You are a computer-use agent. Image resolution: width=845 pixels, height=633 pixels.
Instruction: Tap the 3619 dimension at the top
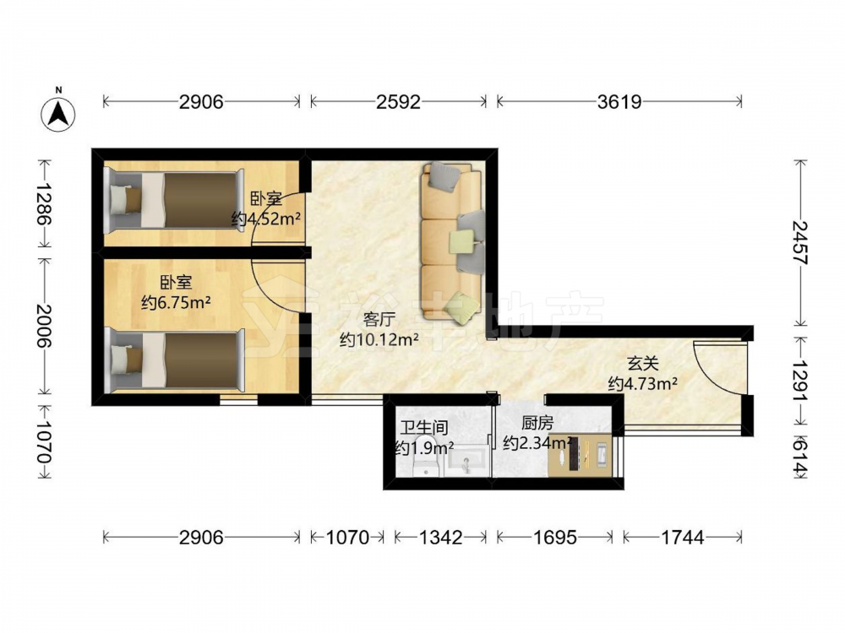coord(619,102)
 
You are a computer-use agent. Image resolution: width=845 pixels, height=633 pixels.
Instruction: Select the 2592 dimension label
coord(398,102)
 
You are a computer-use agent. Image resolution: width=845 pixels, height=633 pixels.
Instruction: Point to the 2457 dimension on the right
coord(801,242)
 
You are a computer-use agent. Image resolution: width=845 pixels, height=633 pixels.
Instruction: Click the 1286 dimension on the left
coord(45,204)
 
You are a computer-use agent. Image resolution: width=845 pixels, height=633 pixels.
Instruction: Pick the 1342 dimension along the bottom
coord(440,537)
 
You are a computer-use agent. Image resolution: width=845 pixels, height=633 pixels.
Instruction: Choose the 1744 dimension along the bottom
coord(682,537)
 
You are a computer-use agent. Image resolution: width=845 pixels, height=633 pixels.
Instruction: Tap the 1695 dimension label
coord(554,537)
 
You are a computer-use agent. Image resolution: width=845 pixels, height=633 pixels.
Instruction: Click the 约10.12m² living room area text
coord(379,340)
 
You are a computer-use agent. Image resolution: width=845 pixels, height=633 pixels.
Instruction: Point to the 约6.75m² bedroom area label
coord(176,302)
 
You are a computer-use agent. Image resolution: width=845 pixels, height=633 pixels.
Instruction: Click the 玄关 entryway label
coord(643,364)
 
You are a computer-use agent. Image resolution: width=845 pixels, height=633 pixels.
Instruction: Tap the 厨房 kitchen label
coord(537,424)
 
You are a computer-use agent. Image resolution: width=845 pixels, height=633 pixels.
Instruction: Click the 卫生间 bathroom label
coord(424,428)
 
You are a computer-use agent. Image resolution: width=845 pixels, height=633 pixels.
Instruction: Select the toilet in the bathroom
coord(428,466)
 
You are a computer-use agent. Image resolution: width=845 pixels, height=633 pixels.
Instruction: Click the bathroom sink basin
coord(467,462)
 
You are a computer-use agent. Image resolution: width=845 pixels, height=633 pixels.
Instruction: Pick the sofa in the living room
coord(451,243)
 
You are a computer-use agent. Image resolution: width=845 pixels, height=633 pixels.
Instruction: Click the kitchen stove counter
coord(580,456)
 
